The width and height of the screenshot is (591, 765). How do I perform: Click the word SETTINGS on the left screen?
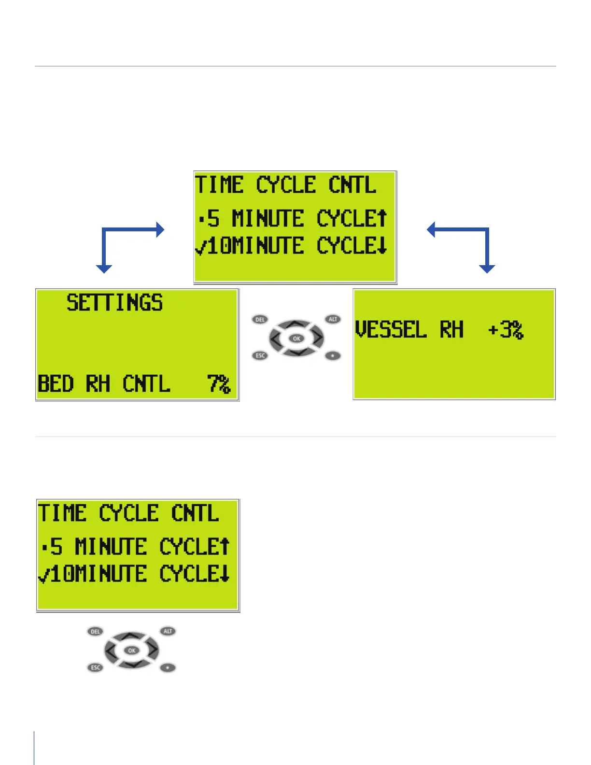(114, 303)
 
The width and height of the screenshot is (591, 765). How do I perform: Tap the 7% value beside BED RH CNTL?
(219, 384)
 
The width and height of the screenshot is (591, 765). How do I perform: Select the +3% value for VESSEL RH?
(505, 330)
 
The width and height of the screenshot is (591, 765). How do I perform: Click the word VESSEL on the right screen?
(391, 330)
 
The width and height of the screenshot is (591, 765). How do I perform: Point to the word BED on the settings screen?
(56, 384)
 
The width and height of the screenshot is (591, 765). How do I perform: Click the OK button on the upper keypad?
(296, 338)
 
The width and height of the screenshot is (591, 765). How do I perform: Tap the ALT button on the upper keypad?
(333, 319)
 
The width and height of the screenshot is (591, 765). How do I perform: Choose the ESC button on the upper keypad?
(260, 355)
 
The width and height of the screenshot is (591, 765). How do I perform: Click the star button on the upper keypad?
(333, 356)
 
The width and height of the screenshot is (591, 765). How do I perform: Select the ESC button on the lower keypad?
(96, 667)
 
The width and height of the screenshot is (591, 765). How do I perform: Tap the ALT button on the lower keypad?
(168, 631)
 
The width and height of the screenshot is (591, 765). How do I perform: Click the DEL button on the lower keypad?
(96, 632)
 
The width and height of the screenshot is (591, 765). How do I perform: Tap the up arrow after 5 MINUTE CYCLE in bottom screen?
(225, 546)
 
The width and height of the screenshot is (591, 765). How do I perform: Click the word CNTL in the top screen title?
(352, 185)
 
